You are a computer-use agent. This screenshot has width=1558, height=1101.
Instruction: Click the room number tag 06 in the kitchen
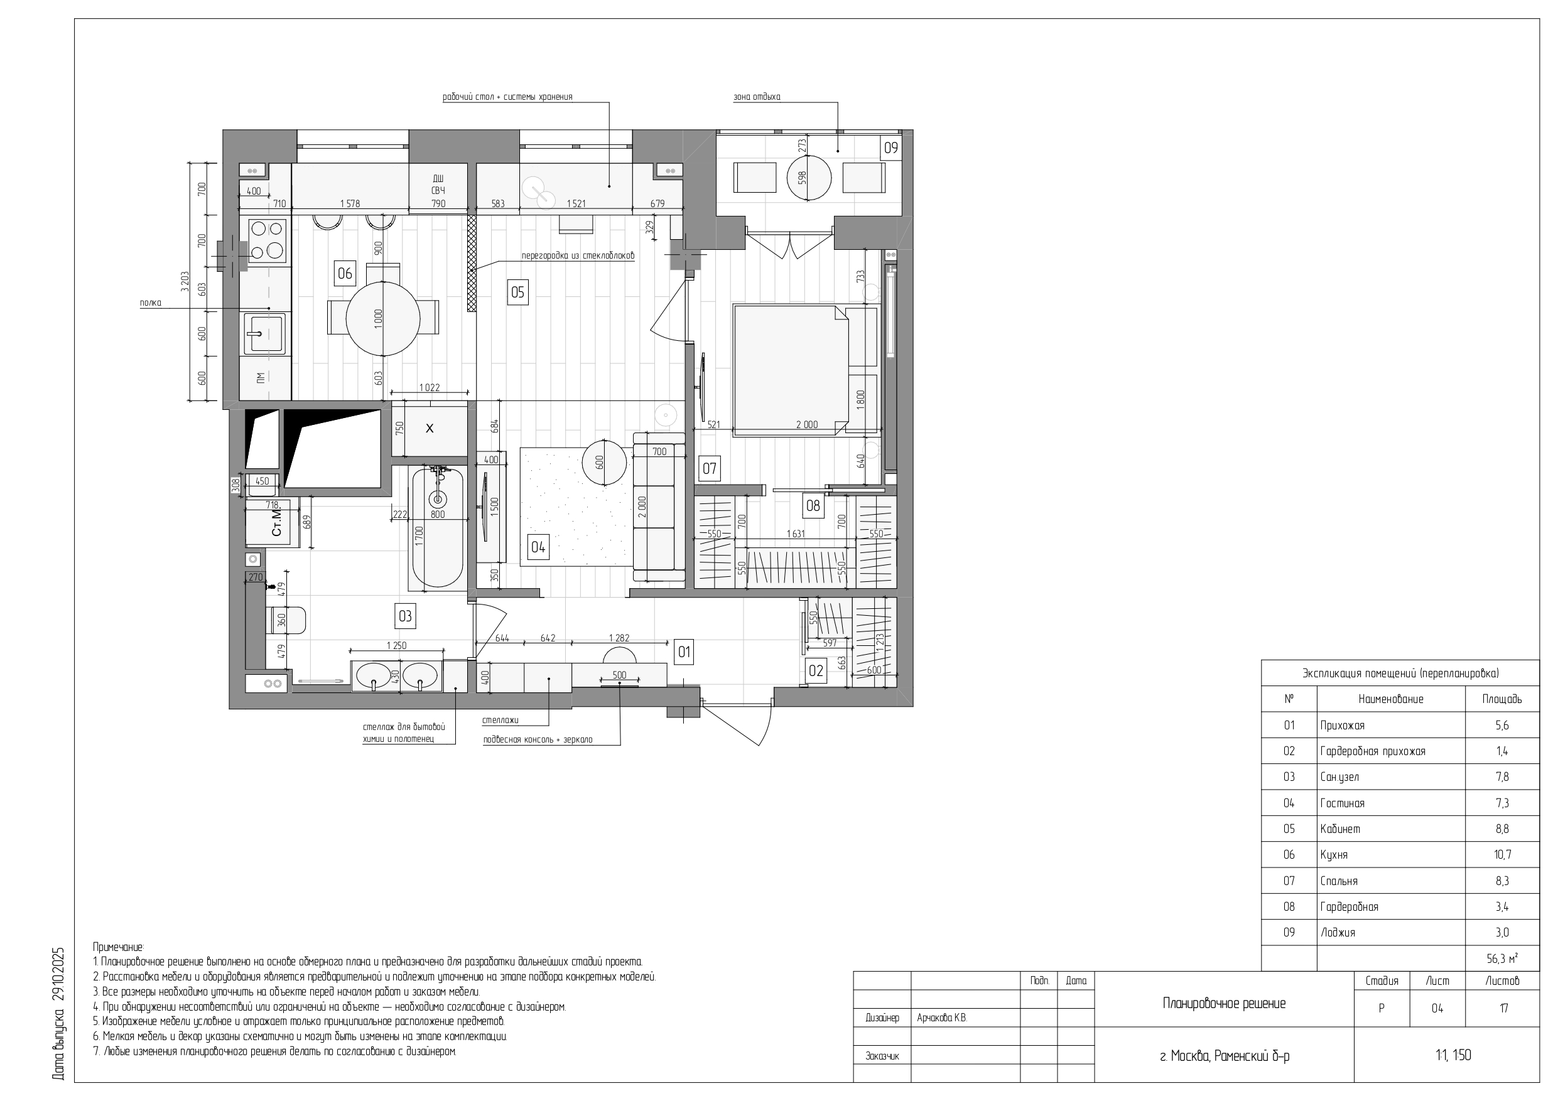[345, 274]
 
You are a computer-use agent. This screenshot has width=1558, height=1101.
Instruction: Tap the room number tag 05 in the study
[517, 293]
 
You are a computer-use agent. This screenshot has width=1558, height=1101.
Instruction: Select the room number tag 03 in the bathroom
[405, 616]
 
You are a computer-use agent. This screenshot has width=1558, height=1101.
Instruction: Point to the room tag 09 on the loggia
[890, 148]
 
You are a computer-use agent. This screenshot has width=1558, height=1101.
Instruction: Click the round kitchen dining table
[384, 319]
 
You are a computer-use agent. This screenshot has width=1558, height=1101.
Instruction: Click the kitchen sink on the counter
[264, 333]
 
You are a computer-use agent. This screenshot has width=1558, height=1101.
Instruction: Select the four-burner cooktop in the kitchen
[267, 241]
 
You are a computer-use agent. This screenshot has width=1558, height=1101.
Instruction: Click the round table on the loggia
[809, 178]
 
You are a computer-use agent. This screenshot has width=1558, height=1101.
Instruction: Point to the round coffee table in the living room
[605, 463]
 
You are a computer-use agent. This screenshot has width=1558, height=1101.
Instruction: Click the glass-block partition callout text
[578, 255]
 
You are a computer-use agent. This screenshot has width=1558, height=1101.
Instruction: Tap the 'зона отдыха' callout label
[757, 97]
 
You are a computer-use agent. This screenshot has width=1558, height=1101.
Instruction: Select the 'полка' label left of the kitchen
[151, 303]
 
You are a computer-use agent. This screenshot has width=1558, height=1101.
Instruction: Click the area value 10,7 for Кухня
[1502, 855]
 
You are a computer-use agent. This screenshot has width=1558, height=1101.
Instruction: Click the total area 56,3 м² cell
[1502, 959]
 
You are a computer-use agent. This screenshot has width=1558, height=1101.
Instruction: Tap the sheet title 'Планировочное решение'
[1224, 1003]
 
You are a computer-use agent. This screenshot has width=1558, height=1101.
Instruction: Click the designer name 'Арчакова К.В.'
[942, 1018]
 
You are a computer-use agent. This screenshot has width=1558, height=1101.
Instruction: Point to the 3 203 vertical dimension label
[185, 281]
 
